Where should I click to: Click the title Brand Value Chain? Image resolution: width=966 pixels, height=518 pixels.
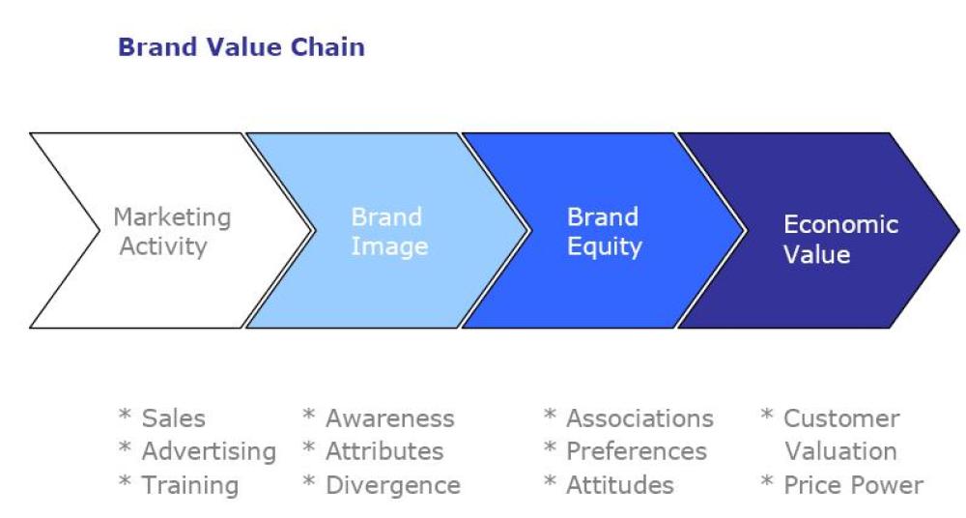point(241,46)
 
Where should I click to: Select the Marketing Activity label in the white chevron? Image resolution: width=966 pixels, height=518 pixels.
point(172,232)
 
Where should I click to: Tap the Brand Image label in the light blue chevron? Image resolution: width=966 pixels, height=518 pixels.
point(388,232)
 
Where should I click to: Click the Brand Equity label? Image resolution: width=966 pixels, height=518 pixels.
point(604,232)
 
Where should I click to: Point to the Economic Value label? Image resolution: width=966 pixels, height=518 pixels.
point(840,240)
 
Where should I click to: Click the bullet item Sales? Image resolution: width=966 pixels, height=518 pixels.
point(173,418)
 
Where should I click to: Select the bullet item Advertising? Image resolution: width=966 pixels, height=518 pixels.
point(209,451)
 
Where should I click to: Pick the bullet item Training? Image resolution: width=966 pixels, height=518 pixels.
point(189,485)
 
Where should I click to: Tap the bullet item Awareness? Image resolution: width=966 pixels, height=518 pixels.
point(389,418)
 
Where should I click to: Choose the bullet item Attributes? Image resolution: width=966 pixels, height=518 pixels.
point(384,451)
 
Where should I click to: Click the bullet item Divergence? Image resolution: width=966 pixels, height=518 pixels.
point(392,485)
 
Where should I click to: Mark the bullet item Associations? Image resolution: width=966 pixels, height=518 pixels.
point(639,418)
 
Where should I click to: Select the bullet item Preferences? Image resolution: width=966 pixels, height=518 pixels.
point(636,451)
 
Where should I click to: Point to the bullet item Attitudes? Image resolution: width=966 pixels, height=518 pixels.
point(619,485)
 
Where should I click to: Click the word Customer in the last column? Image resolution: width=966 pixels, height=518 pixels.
point(840,418)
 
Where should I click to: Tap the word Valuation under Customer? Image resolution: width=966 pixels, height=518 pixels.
point(840,451)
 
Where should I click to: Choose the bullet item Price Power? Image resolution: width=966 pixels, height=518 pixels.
point(852,485)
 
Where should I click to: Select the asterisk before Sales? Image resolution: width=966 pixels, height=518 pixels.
point(125,417)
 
